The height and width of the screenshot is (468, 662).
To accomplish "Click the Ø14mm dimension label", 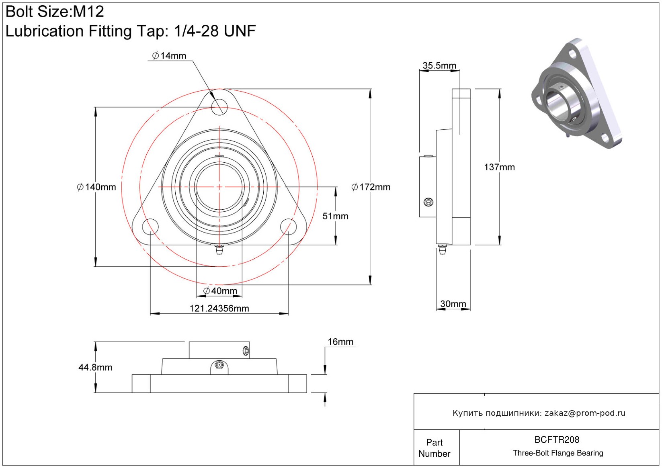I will pyautogui.click(x=169, y=56).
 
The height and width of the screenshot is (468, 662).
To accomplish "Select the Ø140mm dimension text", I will pyautogui.click(x=96, y=187).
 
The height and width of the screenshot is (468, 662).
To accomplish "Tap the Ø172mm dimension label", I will pyautogui.click(x=371, y=187).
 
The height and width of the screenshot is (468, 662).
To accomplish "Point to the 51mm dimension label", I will pyautogui.click(x=335, y=216).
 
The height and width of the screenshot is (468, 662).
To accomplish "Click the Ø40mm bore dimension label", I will pyautogui.click(x=220, y=290).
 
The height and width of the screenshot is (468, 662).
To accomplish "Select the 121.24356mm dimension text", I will pyautogui.click(x=219, y=308).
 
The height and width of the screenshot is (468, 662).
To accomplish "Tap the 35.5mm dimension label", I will pyautogui.click(x=439, y=65).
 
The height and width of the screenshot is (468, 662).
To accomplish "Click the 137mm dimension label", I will pyautogui.click(x=499, y=167).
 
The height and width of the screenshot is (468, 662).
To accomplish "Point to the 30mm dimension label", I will pyautogui.click(x=453, y=304).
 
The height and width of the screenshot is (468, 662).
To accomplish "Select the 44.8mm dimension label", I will pyautogui.click(x=95, y=367).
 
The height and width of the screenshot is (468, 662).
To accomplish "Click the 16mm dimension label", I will pyautogui.click(x=340, y=341).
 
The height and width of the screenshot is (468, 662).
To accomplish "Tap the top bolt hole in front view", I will pyautogui.click(x=219, y=107).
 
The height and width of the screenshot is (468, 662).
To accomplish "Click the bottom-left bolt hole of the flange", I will pyautogui.click(x=150, y=227).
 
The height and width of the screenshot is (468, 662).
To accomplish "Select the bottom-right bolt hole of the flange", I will pyautogui.click(x=288, y=227).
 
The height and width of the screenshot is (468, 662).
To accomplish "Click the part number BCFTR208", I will pyautogui.click(x=557, y=439).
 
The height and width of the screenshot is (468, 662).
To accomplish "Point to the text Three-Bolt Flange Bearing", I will pyautogui.click(x=558, y=453).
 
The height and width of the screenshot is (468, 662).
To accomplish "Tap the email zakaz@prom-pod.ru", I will pyautogui.click(x=585, y=413).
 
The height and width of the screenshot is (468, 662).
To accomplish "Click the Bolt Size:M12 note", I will pyautogui.click(x=55, y=12).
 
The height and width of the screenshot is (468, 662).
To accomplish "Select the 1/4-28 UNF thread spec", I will pyautogui.click(x=215, y=31).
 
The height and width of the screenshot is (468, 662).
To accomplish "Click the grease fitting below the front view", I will pyautogui.click(x=219, y=249).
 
